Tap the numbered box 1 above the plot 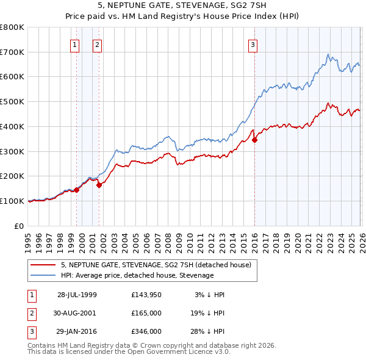click(74, 44)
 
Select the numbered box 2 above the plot click(97, 44)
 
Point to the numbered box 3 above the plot click(252, 44)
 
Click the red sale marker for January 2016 click(254, 140)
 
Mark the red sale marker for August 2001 click(99, 185)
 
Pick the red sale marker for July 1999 click(77, 190)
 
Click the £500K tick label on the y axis click(12, 101)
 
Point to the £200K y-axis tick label click(12, 176)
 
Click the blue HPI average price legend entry click(137, 275)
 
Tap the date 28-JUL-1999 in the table click(77, 295)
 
